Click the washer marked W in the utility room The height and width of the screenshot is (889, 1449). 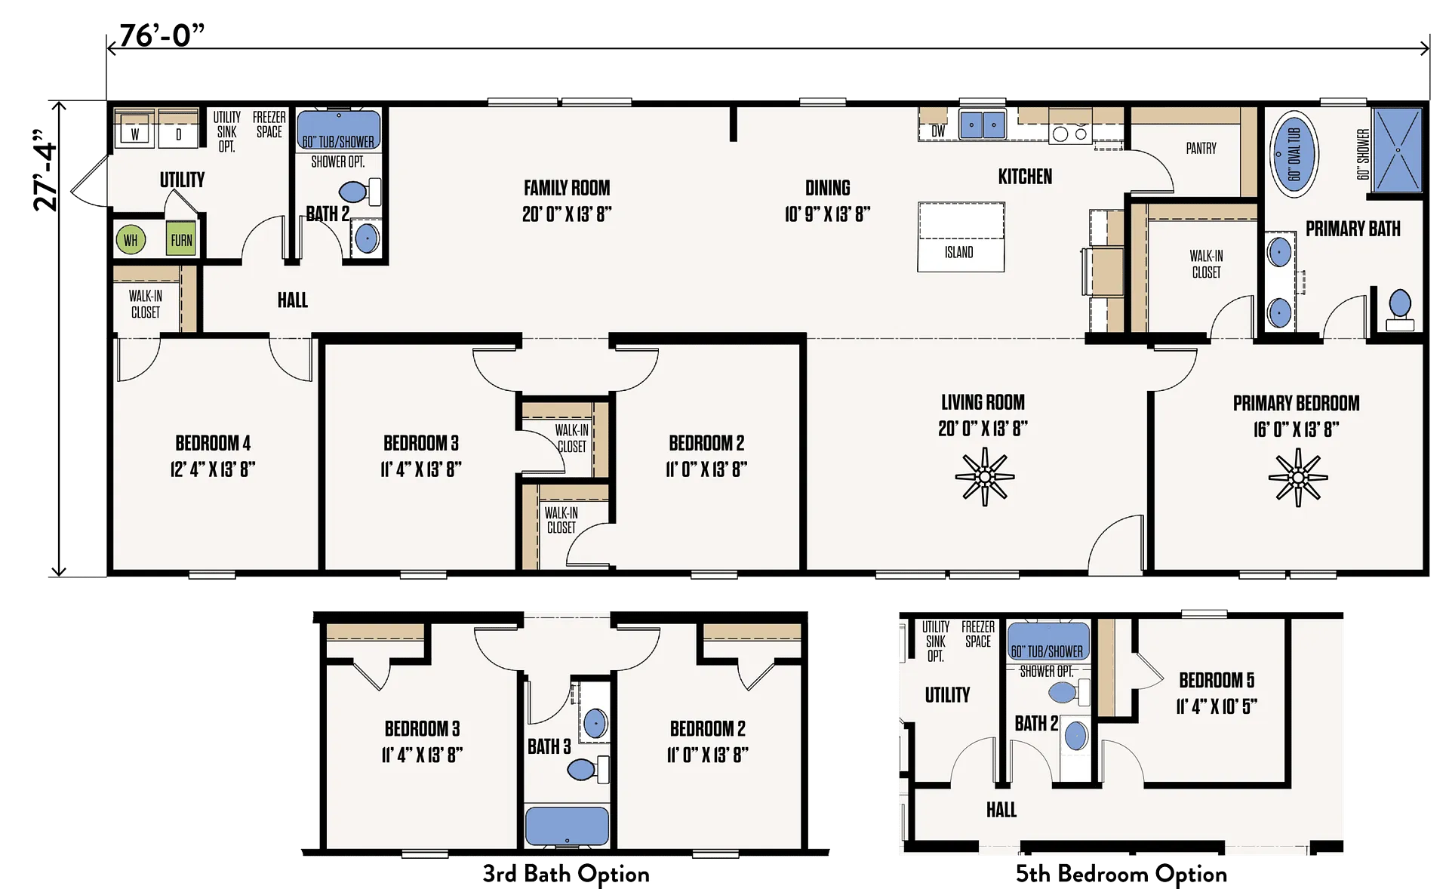point(135,134)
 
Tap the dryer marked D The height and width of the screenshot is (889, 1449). point(179,134)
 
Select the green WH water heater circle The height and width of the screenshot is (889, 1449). point(131,240)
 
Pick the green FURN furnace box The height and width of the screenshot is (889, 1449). point(181,239)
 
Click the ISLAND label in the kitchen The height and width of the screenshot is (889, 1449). point(959,252)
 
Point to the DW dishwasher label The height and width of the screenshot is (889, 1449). point(938,131)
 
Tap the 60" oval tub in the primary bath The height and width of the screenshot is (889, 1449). point(1294,154)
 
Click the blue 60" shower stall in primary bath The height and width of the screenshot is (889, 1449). point(1397,149)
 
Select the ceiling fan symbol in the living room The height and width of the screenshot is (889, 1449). point(984,476)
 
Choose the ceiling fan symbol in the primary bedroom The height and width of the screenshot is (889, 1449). point(1298,477)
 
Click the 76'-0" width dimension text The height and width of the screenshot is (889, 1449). point(162,35)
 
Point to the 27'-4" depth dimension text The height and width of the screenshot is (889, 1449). point(45,170)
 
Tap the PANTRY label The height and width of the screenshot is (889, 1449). point(1201,149)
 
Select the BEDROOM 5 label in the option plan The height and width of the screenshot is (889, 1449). point(1217,680)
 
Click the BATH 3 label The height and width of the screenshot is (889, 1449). point(549,746)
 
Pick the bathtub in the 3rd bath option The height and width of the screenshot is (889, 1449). point(567,826)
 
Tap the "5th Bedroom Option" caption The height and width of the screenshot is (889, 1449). point(1121,873)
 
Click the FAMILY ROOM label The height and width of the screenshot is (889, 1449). point(567,188)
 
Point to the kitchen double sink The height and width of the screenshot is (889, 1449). point(982,125)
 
